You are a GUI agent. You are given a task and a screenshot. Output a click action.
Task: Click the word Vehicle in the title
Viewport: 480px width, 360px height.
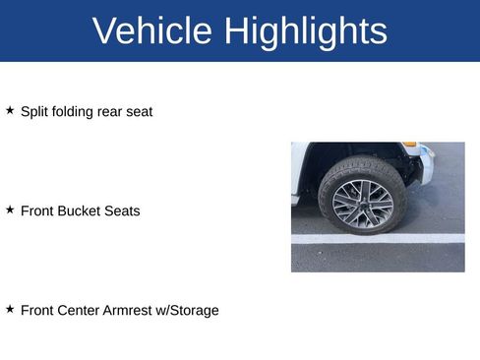tap(152, 31)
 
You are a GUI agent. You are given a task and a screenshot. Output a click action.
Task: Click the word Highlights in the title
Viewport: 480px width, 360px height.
tap(306, 31)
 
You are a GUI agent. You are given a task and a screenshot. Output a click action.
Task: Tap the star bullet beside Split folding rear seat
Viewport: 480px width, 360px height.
tap(10, 110)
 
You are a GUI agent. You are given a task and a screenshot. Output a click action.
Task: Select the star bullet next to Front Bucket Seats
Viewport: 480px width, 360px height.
tap(10, 210)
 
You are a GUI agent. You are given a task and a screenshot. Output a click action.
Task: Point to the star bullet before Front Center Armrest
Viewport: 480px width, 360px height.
tap(10, 309)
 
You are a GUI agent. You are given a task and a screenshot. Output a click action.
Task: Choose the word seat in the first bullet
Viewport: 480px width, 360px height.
tap(141, 111)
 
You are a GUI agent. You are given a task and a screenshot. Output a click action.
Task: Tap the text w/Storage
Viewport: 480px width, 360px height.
tap(192, 310)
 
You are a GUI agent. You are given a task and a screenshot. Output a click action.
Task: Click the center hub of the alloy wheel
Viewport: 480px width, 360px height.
tap(363, 204)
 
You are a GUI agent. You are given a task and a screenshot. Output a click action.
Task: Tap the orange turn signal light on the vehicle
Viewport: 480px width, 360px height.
tap(410, 145)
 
